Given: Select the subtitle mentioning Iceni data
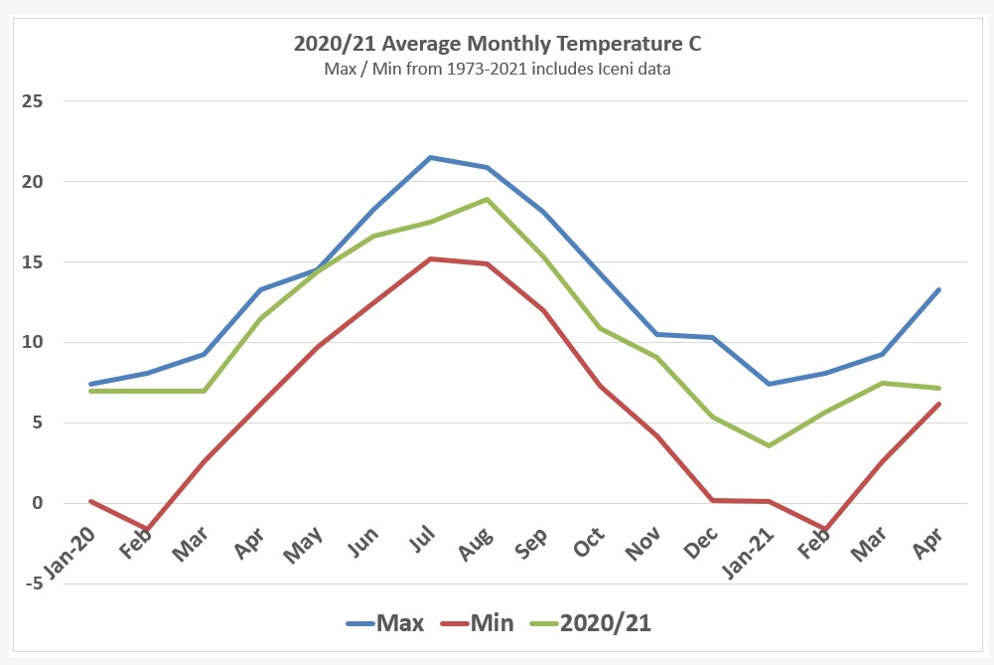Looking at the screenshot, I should click(497, 69).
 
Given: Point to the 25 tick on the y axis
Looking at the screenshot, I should click(37, 101).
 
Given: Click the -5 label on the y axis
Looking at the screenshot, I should click(37, 583).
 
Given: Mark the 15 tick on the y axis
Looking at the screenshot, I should click(37, 262).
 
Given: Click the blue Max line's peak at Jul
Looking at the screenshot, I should click(430, 157).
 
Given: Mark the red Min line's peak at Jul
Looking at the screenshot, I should click(430, 258).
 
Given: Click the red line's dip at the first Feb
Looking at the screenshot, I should click(147, 529).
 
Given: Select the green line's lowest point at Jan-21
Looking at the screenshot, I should click(769, 445).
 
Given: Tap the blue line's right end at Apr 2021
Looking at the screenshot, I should click(938, 289).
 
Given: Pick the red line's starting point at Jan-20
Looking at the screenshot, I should click(90, 501).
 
